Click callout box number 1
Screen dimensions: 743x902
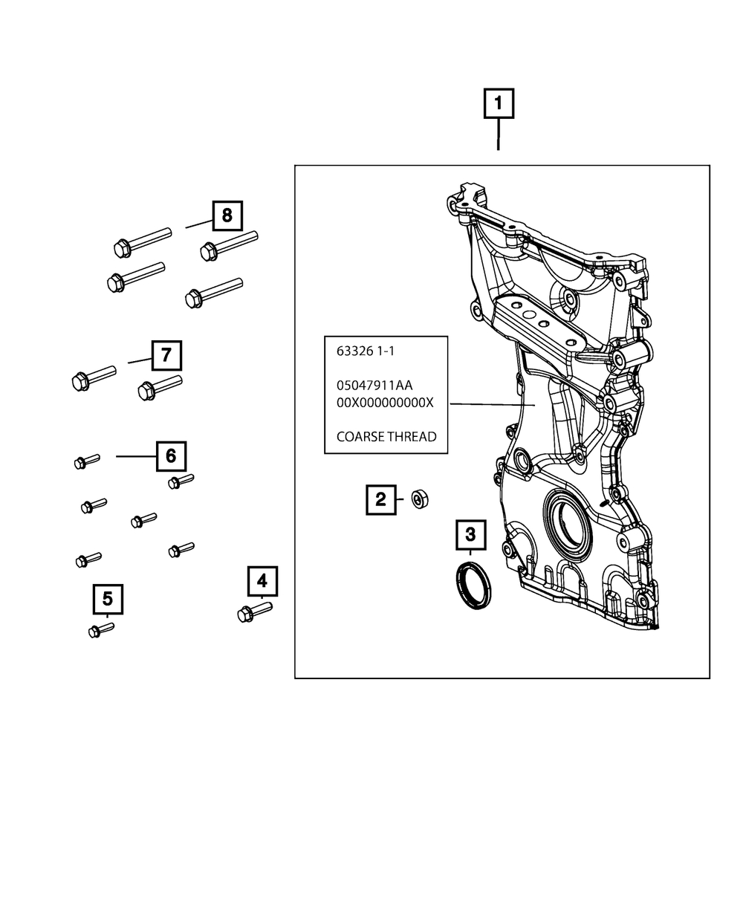[499, 103]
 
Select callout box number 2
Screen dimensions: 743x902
[381, 500]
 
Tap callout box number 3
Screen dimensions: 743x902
[471, 535]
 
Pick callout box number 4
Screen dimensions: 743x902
[262, 581]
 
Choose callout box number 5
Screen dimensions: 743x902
[108, 599]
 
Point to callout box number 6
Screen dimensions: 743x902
[171, 456]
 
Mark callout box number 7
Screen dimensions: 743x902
[166, 356]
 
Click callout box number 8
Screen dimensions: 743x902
[227, 215]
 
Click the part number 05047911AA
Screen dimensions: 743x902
[374, 385]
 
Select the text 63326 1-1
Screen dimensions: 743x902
[366, 351]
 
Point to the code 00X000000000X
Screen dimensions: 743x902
[385, 403]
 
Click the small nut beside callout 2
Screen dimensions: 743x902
[420, 499]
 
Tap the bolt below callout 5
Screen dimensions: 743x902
[101, 630]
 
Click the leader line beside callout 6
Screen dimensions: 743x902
[136, 456]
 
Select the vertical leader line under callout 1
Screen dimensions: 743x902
[499, 134]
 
